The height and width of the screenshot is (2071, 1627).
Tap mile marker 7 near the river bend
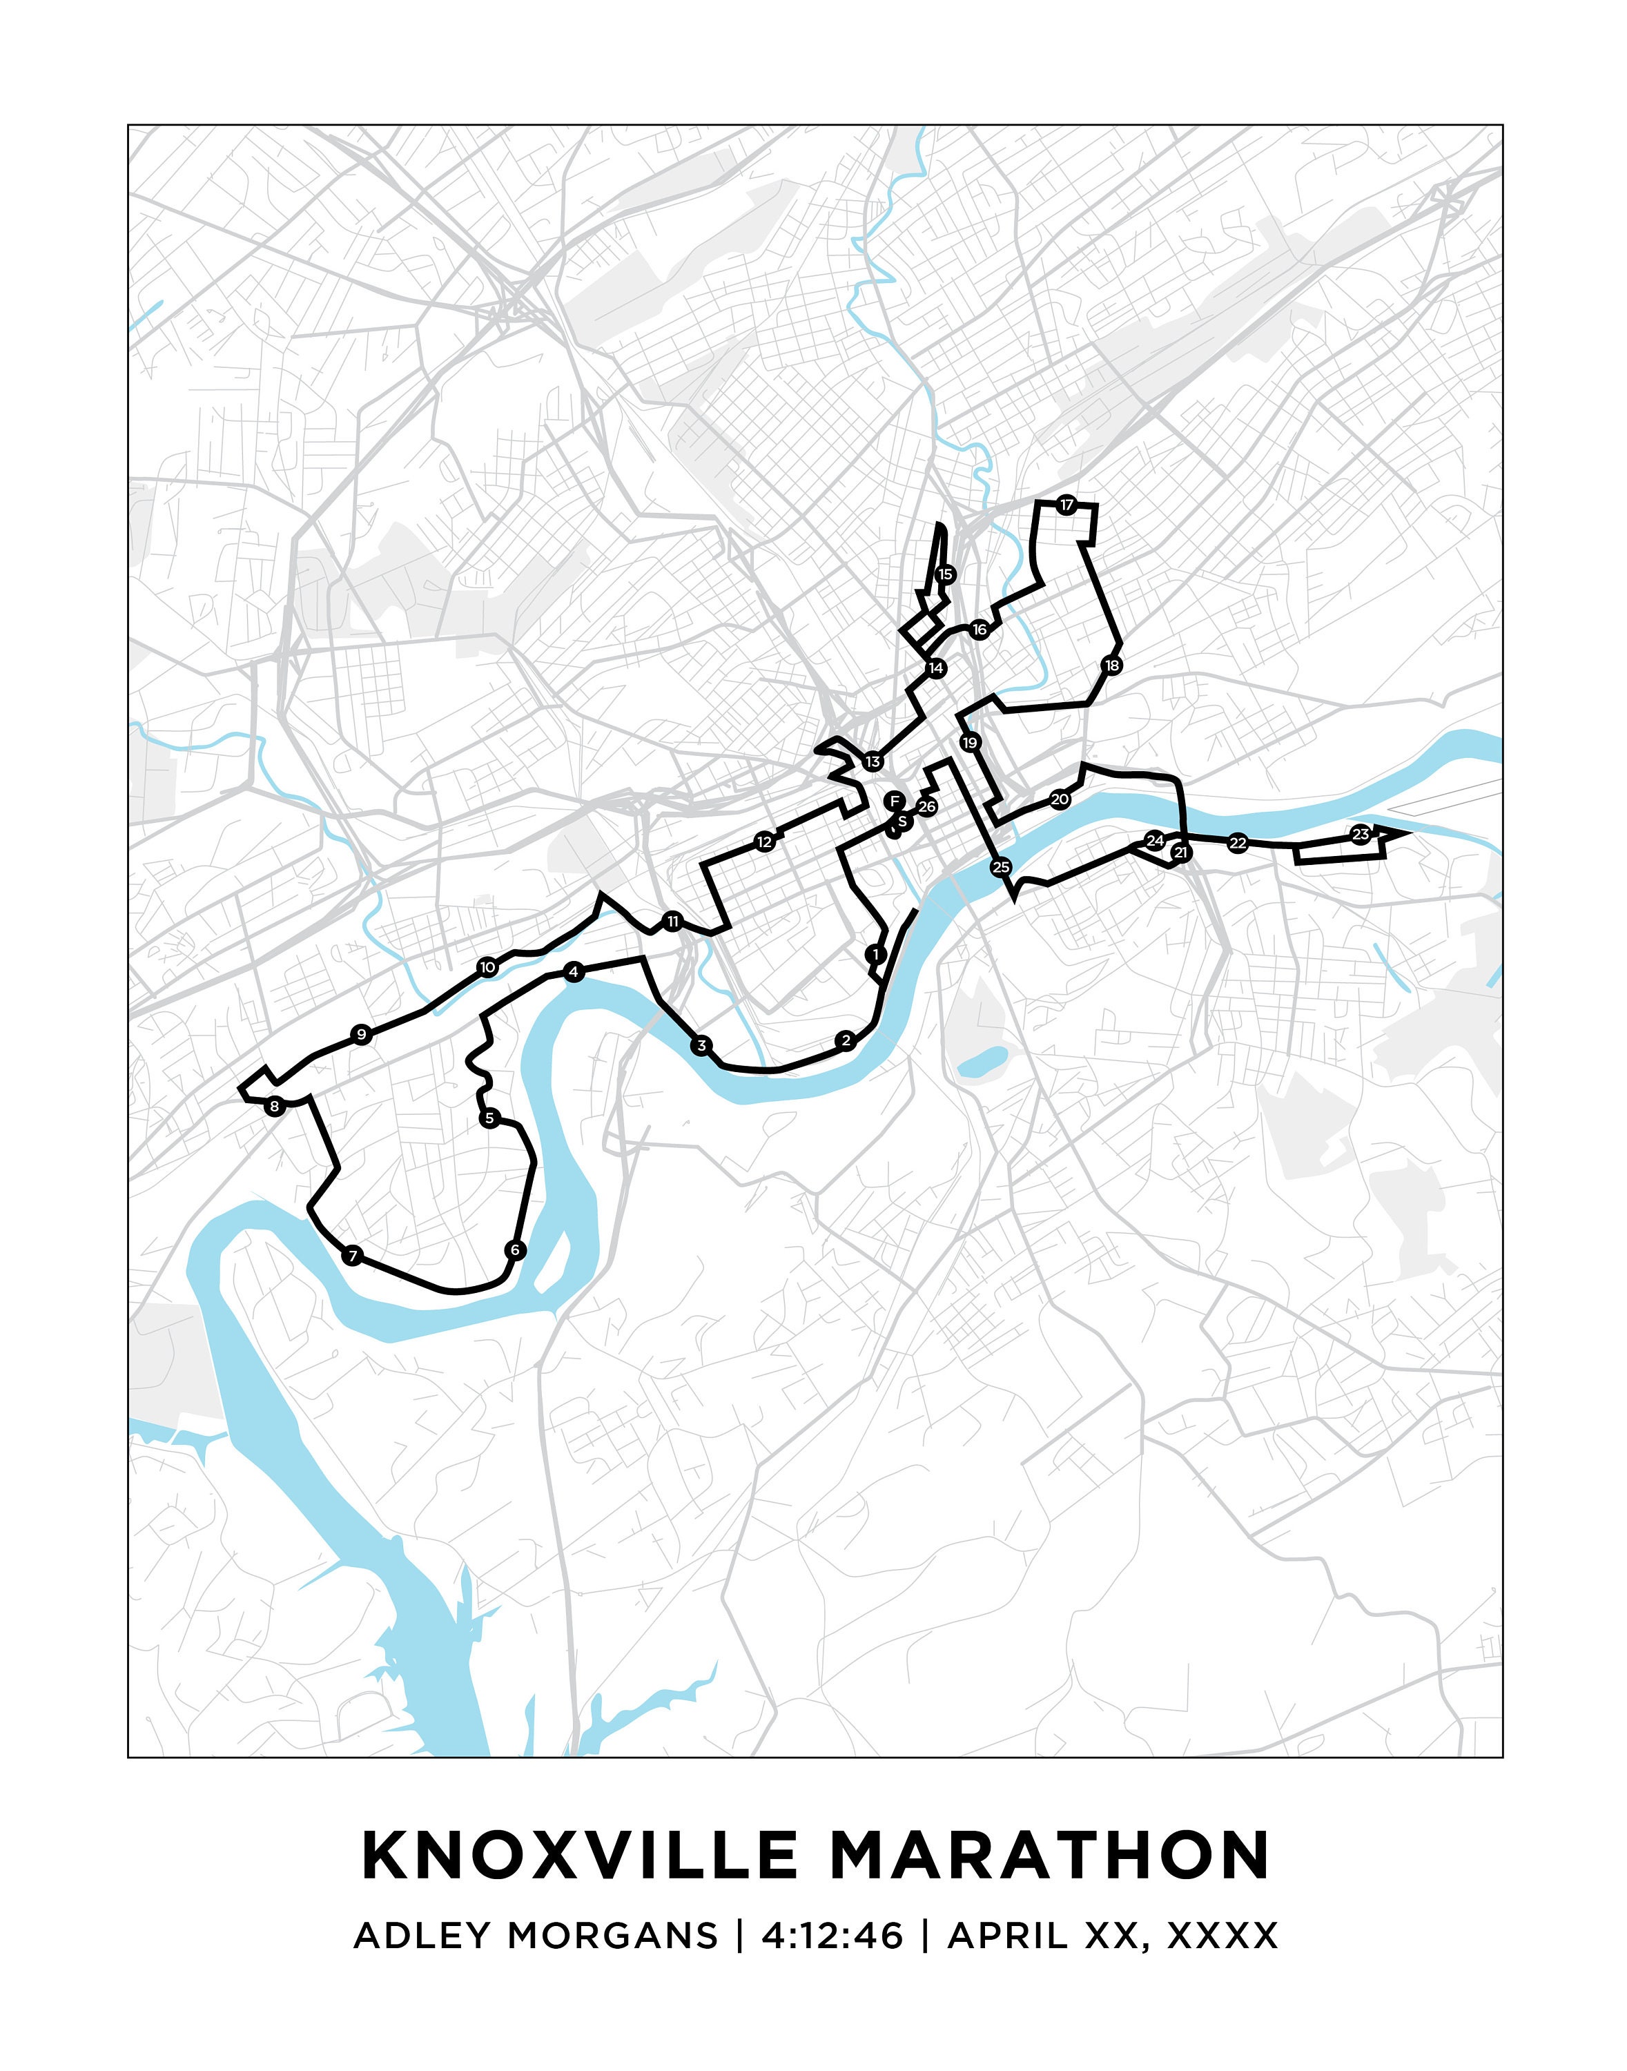pos(353,1256)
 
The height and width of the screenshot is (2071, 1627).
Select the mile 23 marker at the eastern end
pos(1361,835)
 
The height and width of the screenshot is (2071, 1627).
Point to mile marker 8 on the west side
pos(274,1106)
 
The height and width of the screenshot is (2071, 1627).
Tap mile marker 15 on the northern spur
pos(945,574)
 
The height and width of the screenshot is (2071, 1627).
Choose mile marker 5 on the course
pos(489,1118)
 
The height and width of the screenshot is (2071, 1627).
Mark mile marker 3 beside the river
pos(702,1046)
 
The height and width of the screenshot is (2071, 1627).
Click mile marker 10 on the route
pos(488,968)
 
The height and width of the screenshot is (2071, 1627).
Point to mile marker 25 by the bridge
pos(1000,867)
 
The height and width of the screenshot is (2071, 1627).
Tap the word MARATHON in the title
pos(1050,1855)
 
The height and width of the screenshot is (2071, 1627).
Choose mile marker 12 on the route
pos(764,841)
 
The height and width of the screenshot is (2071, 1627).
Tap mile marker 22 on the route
pos(1238,843)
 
